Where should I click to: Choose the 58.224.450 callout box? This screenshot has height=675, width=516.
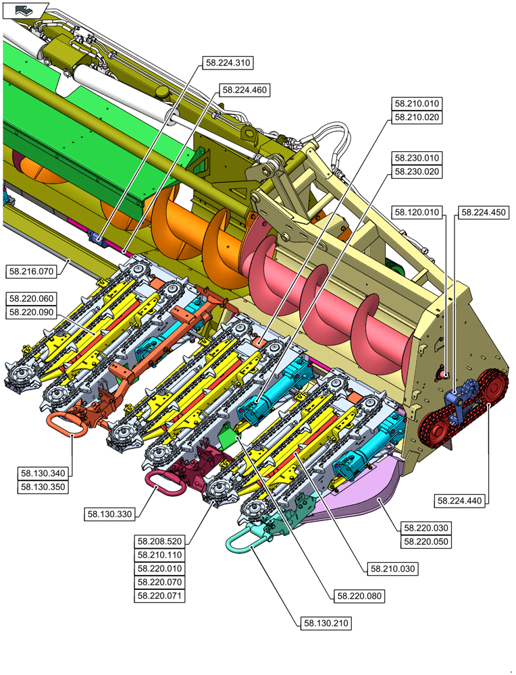tap(483, 213)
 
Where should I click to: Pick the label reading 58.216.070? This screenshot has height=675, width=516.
tap(30, 271)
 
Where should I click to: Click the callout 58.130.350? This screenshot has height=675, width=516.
tap(44, 486)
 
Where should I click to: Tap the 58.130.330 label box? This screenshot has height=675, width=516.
tap(110, 514)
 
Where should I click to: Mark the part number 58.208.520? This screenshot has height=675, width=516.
tap(161, 541)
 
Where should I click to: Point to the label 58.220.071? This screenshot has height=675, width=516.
tap(161, 596)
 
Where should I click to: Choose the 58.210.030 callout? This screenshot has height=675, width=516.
tap(393, 569)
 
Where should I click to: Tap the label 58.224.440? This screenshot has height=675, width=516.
tap(461, 500)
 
